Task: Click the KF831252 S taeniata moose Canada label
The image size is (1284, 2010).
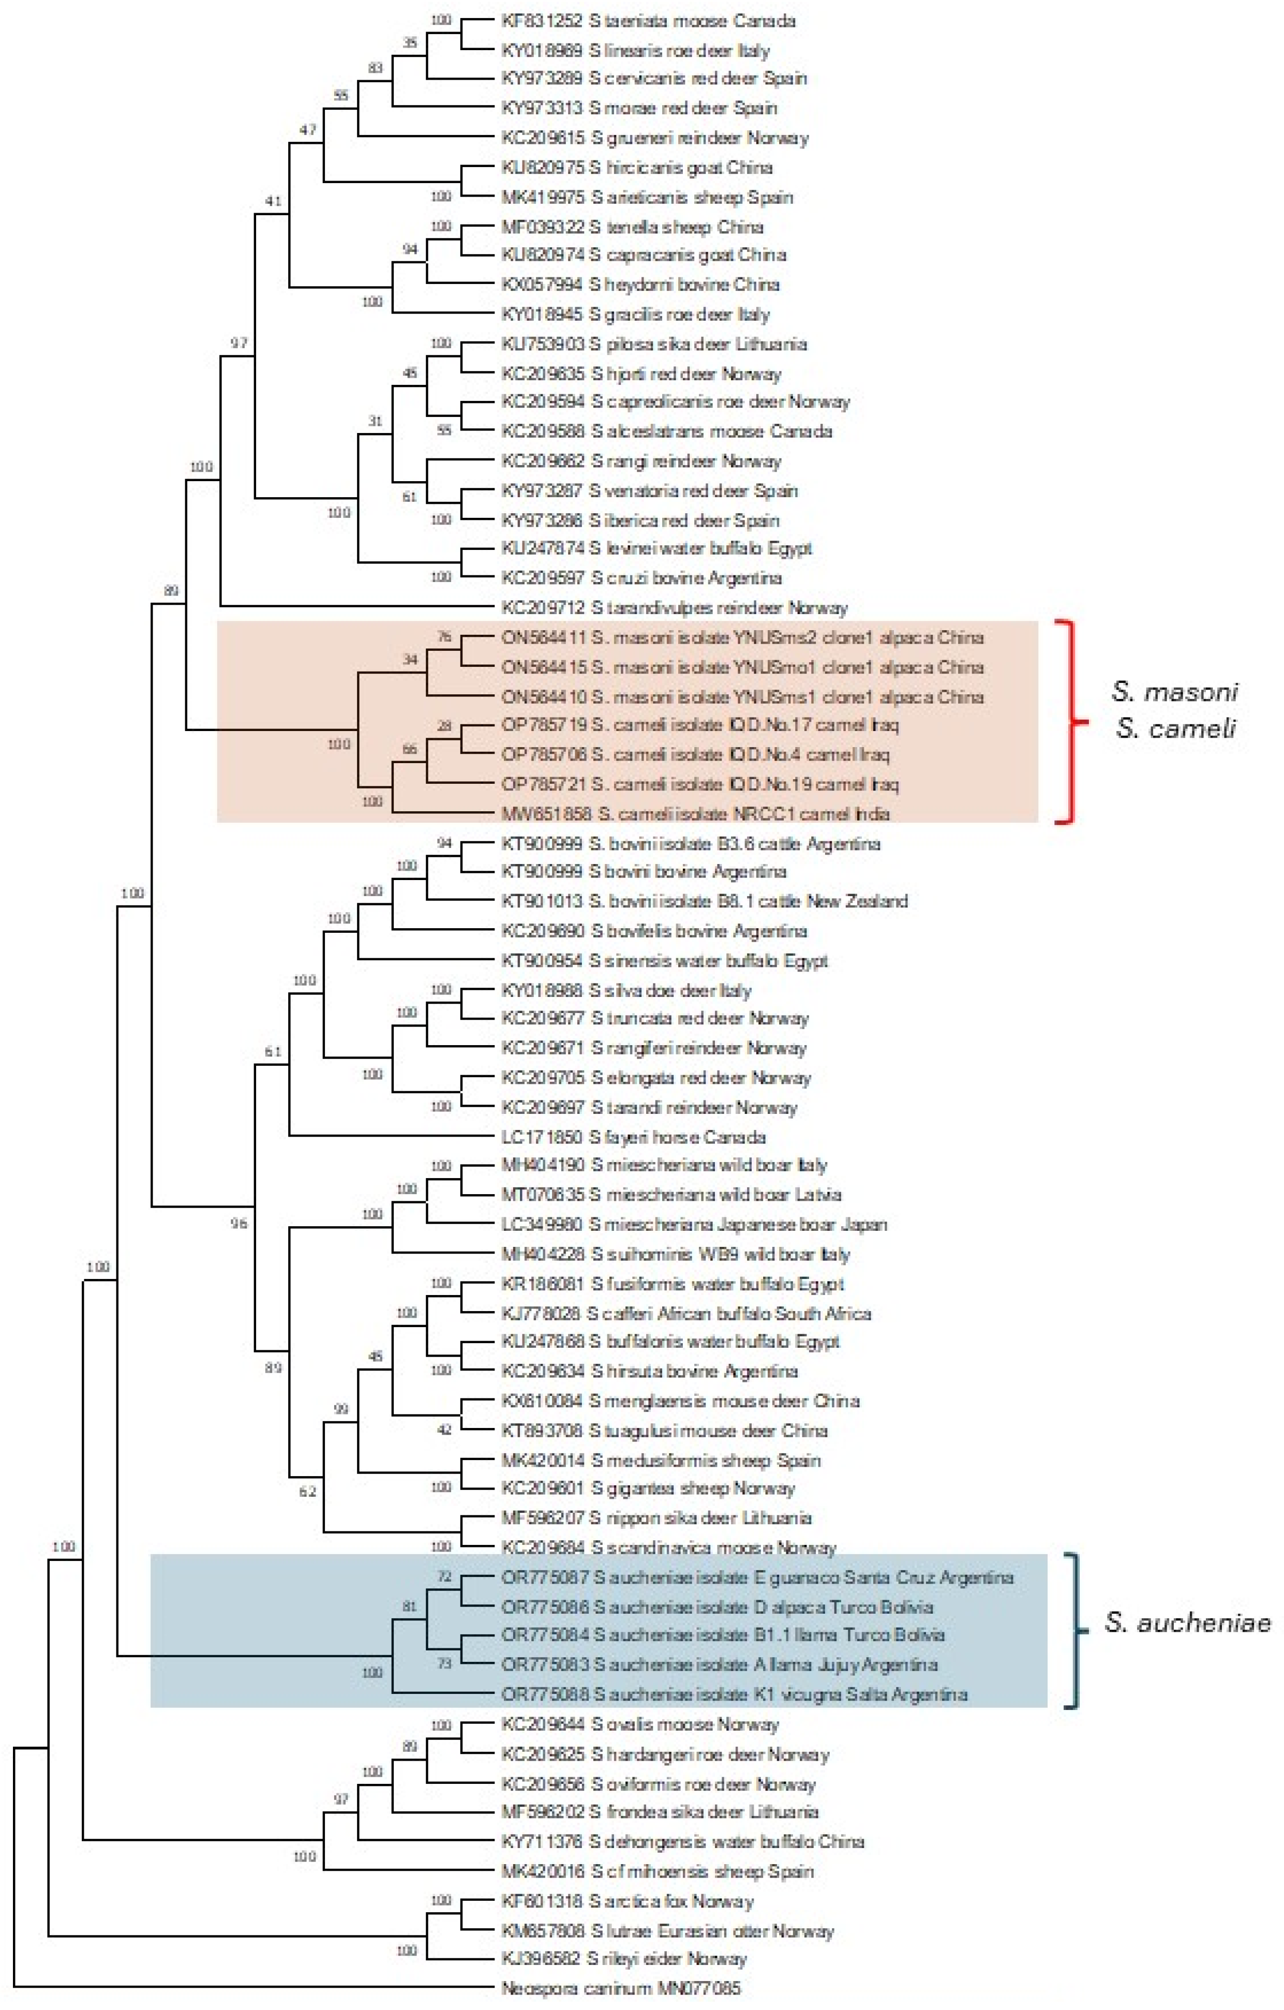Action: (x=648, y=21)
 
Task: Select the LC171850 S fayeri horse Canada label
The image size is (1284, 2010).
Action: (x=633, y=1137)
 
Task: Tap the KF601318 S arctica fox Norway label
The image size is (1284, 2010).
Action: (x=627, y=1901)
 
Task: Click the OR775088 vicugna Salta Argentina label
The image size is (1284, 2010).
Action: (x=734, y=1694)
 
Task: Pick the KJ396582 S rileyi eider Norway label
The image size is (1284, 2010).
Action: (x=623, y=1958)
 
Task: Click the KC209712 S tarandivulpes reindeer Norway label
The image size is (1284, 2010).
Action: (x=674, y=608)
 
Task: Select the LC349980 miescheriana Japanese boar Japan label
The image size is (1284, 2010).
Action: (x=694, y=1225)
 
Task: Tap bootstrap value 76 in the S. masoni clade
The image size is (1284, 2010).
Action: (x=444, y=637)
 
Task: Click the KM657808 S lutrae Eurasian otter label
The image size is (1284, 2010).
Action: (x=667, y=1931)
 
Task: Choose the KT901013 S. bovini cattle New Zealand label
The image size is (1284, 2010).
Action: (x=704, y=901)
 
